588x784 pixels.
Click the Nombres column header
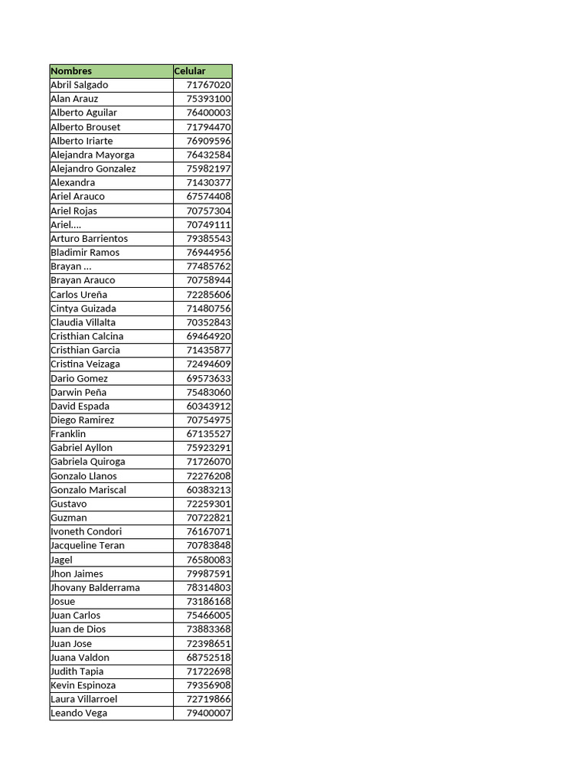point(71,71)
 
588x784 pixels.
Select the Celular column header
point(190,71)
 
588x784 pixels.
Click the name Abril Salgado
point(80,85)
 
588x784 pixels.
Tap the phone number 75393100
point(208,99)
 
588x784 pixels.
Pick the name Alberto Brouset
point(86,127)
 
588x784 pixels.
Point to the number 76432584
point(208,155)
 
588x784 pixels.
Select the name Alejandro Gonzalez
point(93,168)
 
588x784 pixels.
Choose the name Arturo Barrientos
point(90,238)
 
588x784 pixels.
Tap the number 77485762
point(208,266)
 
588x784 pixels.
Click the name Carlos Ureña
point(79,295)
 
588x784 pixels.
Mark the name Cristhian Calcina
point(87,336)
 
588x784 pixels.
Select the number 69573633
point(208,378)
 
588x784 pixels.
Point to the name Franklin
point(68,433)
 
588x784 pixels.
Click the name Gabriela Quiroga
point(88,462)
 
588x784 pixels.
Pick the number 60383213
point(208,490)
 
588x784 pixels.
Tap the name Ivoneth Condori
point(87,531)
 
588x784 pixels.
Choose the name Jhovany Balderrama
point(95,587)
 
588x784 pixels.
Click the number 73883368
point(208,629)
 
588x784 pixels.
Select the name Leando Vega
point(79,713)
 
